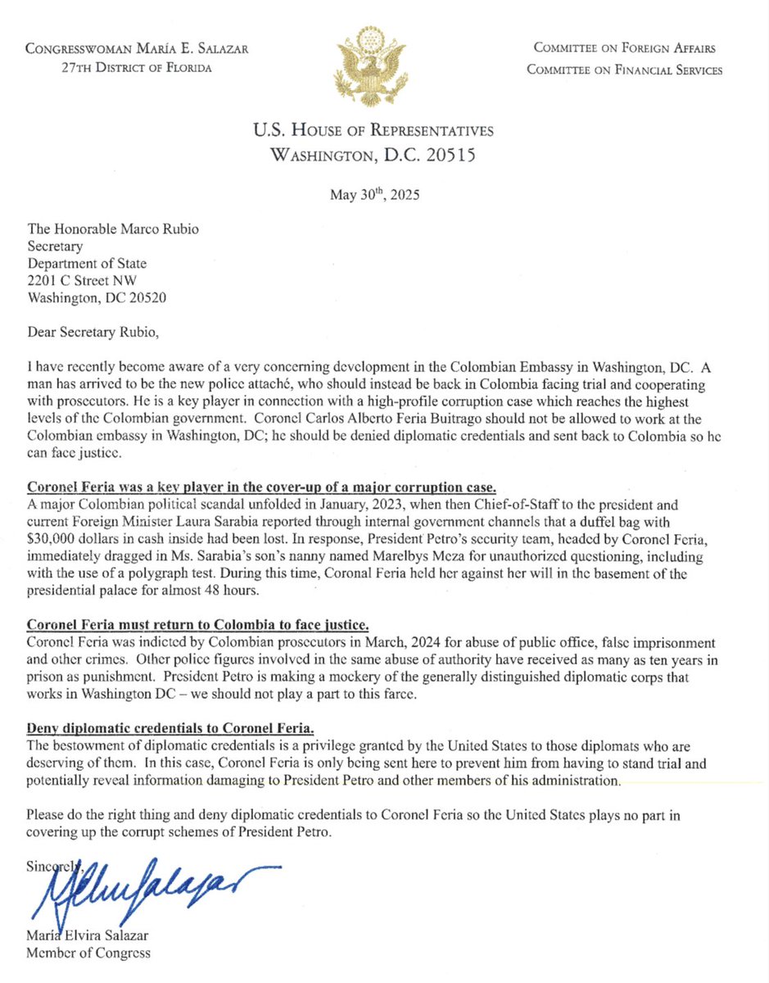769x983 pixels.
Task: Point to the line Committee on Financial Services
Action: [x=624, y=70]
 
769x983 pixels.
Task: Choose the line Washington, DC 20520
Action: [x=96, y=299]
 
